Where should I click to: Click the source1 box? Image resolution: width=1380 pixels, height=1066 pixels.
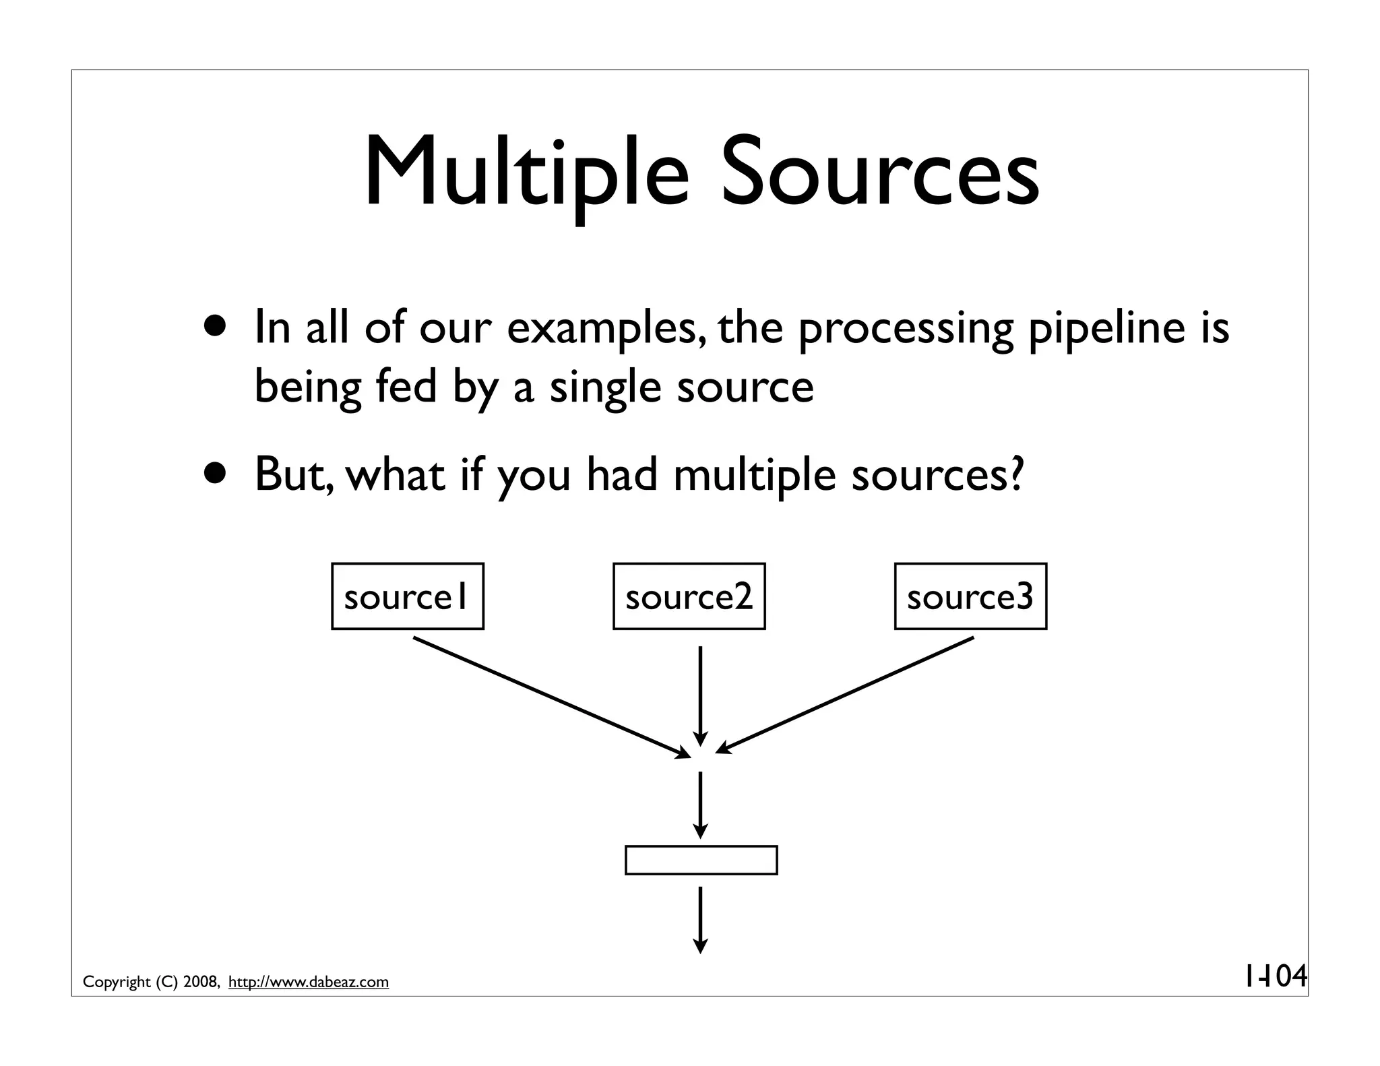click(x=407, y=596)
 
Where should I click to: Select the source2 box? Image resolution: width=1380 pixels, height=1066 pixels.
click(x=689, y=596)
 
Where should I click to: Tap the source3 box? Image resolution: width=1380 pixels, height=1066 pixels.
click(x=970, y=596)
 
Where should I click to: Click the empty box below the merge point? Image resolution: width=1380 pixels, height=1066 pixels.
click(x=701, y=860)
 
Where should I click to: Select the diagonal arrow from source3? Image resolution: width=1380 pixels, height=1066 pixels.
click(x=846, y=695)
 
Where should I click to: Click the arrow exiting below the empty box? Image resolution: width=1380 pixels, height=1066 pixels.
click(x=701, y=919)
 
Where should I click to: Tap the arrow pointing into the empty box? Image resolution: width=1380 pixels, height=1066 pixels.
click(x=701, y=805)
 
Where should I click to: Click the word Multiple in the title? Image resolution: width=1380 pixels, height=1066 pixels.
click(x=527, y=174)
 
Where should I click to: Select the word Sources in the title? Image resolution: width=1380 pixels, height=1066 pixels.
click(x=880, y=174)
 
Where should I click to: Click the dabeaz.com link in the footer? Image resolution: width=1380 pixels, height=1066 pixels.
click(x=309, y=982)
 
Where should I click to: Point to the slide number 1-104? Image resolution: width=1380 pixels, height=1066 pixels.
click(x=1274, y=976)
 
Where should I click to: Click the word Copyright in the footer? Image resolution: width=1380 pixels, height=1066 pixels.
click(x=117, y=982)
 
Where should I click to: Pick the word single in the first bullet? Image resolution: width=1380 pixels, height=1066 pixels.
click(x=605, y=389)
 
